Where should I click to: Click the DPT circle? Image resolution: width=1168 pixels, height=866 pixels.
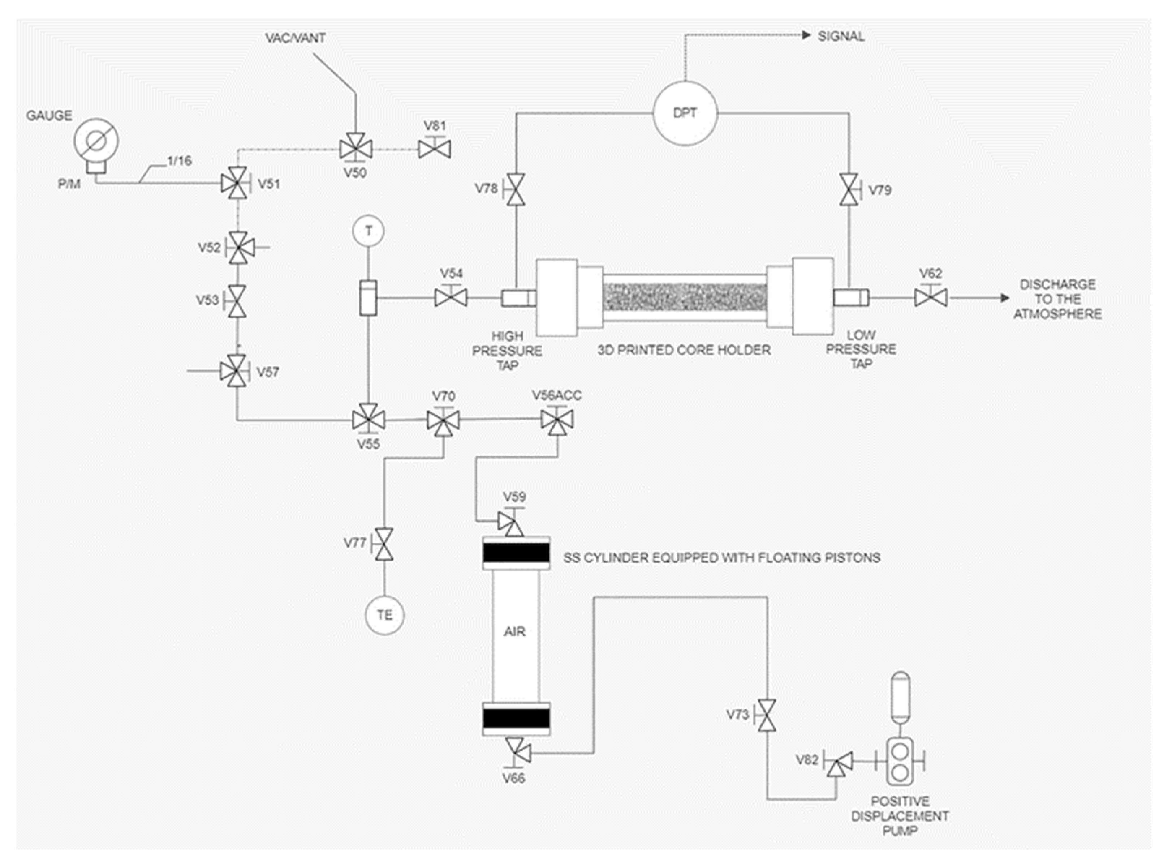685,113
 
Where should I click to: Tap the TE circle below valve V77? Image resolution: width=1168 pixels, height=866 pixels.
385,615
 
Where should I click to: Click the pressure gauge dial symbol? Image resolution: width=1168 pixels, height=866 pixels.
96,141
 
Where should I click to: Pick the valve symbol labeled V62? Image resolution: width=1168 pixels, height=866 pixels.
931,298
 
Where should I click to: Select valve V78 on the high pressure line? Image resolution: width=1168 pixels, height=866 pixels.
516,189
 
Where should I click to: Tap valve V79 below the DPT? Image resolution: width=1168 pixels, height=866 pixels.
849,189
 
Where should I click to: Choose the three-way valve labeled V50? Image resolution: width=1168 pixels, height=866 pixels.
356,149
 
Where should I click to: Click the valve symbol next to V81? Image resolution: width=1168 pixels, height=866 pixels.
434,149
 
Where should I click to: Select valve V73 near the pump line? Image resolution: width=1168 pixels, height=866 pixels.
768,715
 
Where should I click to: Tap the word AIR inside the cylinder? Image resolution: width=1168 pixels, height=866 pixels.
514,632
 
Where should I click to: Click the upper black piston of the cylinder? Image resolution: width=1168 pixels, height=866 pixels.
516,553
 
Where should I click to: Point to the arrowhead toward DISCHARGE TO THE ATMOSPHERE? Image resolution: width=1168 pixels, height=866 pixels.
1004,298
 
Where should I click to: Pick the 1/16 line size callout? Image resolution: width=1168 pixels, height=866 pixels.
179,161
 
